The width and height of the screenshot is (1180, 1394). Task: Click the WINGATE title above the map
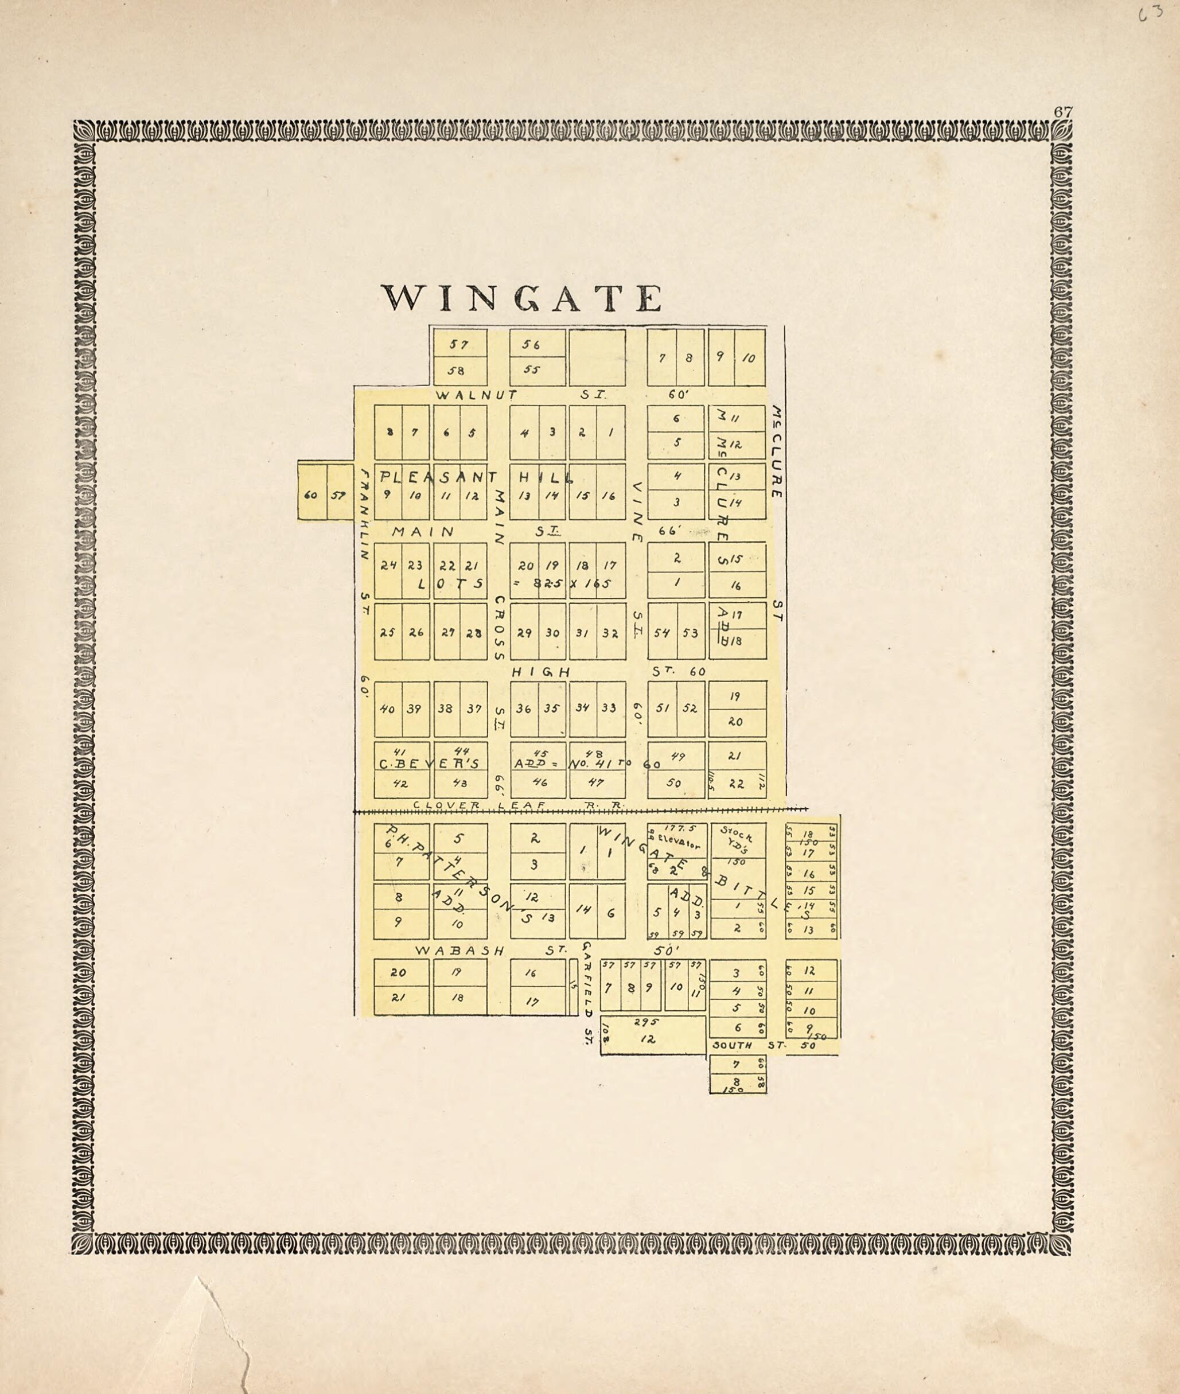click(x=522, y=298)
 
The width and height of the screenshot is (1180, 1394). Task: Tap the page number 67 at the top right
click(x=1063, y=112)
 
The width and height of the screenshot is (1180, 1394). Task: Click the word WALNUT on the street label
click(x=476, y=395)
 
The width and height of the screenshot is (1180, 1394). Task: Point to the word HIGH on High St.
click(x=540, y=672)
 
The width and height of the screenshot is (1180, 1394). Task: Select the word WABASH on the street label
click(x=459, y=951)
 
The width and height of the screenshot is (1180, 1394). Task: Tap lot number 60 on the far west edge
click(x=310, y=496)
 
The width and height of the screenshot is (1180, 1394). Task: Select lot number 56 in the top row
click(x=531, y=345)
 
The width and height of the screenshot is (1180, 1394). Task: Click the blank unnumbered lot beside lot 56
click(x=597, y=358)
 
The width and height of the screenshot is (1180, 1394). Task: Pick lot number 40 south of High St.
click(x=387, y=709)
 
